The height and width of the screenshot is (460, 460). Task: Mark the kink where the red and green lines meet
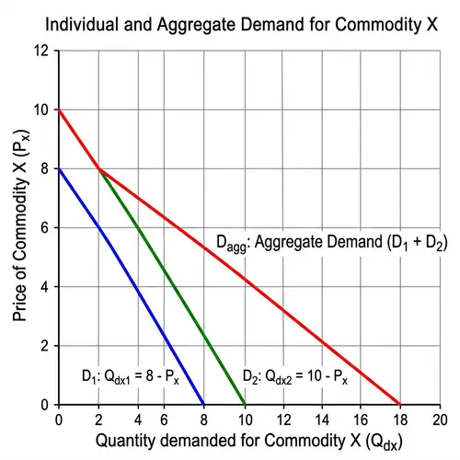point(98,169)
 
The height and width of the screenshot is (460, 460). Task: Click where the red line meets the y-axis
point(59,110)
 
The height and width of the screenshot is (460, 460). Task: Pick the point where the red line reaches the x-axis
point(401,405)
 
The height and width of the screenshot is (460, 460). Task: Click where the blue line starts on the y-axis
point(59,169)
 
